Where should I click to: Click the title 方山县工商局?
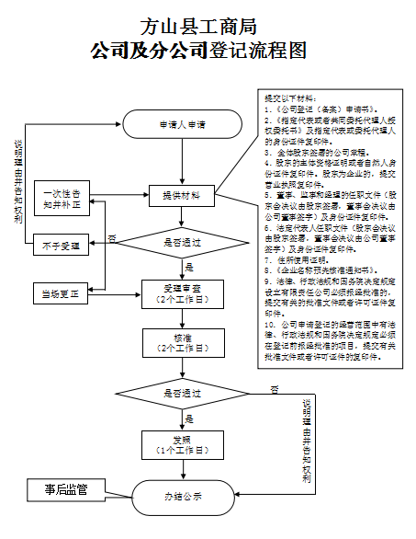tap(197, 26)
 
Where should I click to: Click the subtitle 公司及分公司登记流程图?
tap(197, 52)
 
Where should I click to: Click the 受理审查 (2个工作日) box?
tap(181, 293)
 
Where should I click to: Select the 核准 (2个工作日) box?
tap(181, 342)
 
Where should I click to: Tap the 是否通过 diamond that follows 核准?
tap(181, 393)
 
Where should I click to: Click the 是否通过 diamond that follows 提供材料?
tap(181, 244)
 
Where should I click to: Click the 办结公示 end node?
tap(182, 497)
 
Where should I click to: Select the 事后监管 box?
tap(66, 489)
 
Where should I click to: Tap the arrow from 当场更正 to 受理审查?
tap(117, 294)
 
